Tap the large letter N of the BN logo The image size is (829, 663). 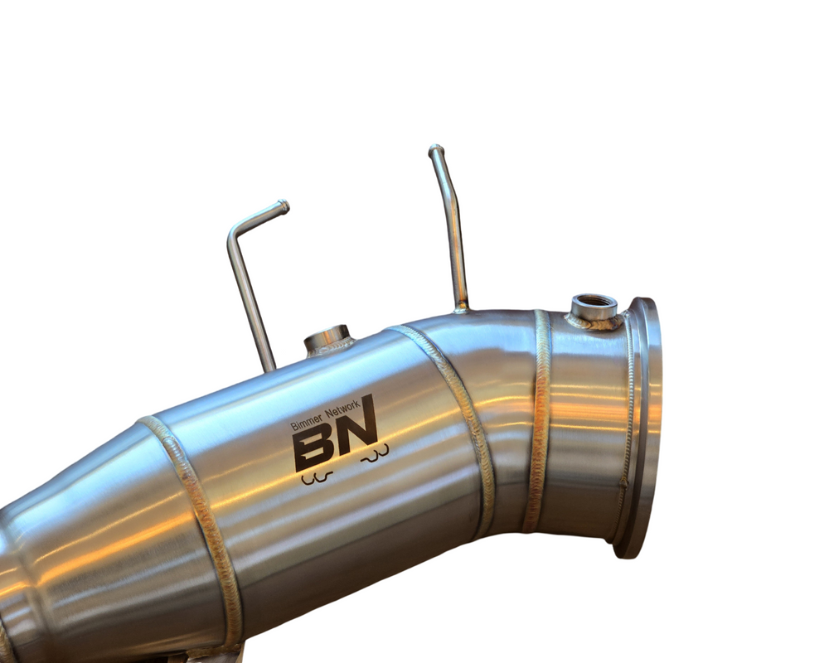tap(356, 426)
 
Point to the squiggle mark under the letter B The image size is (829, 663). tap(316, 478)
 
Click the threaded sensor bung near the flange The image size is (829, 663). tap(594, 307)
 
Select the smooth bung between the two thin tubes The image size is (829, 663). tap(327, 339)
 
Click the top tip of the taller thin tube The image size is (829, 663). tap(436, 148)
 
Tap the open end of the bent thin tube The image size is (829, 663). tap(284, 206)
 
